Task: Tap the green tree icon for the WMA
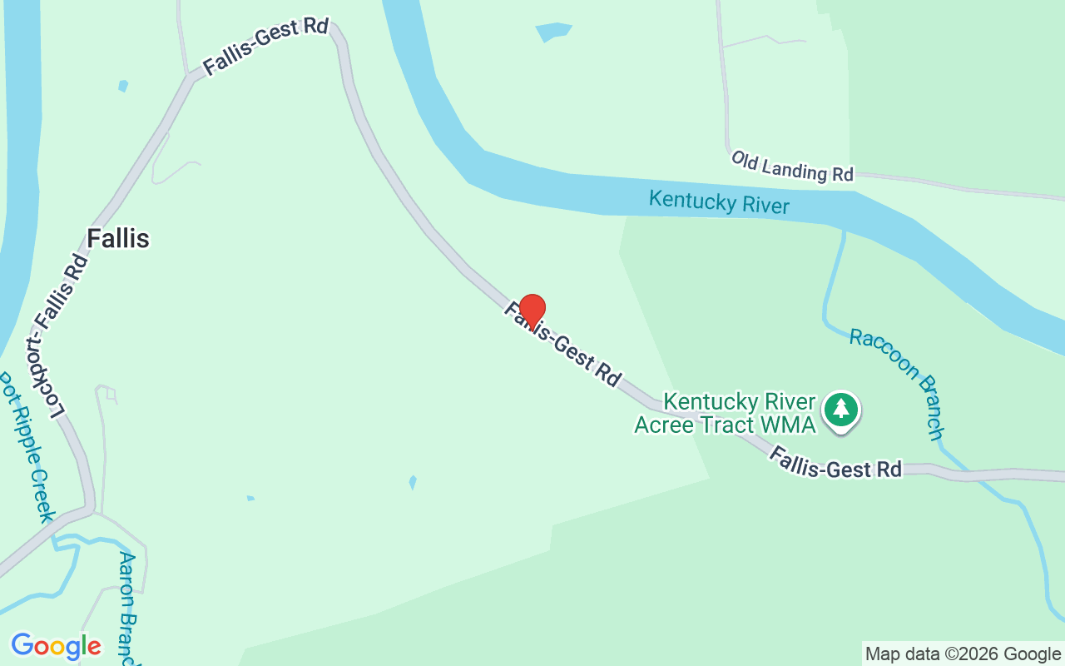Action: (x=841, y=409)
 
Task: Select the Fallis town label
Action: (x=118, y=239)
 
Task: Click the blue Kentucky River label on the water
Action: (x=719, y=201)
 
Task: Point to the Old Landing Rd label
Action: (x=792, y=166)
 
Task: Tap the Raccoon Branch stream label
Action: (x=897, y=383)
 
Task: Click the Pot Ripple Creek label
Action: (x=27, y=445)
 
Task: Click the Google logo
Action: (x=57, y=646)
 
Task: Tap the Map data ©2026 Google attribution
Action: (x=963, y=654)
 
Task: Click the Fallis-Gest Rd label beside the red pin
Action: (x=562, y=343)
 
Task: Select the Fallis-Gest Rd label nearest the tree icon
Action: (x=835, y=462)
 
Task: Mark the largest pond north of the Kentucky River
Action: (x=553, y=32)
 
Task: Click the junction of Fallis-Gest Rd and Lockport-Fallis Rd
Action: (x=192, y=77)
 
